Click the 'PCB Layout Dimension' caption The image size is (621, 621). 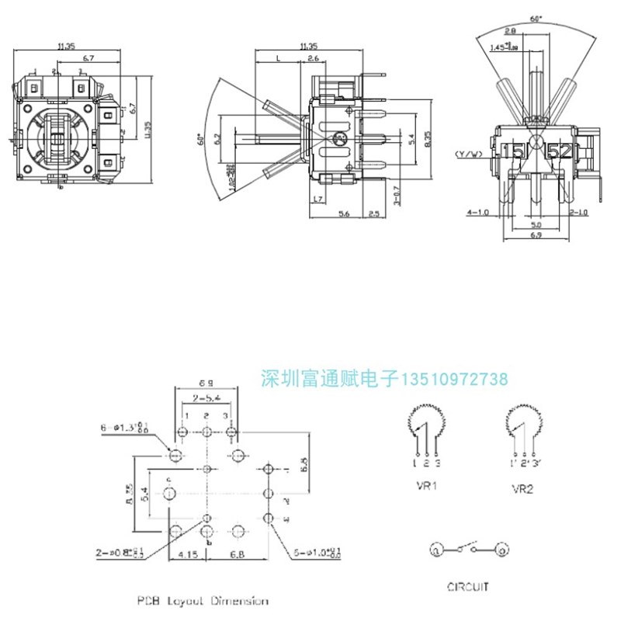pos(203,601)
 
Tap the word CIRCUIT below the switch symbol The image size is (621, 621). pos(469,587)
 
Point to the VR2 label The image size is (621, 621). pos(522,490)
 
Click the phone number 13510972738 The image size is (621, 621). pos(454,379)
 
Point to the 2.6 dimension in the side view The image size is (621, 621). pos(314,59)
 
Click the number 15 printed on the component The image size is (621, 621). pos(513,151)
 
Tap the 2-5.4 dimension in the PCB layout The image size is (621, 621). pos(206,397)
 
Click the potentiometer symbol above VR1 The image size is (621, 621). pos(423,422)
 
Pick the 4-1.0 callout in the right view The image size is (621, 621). pos(477,211)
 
